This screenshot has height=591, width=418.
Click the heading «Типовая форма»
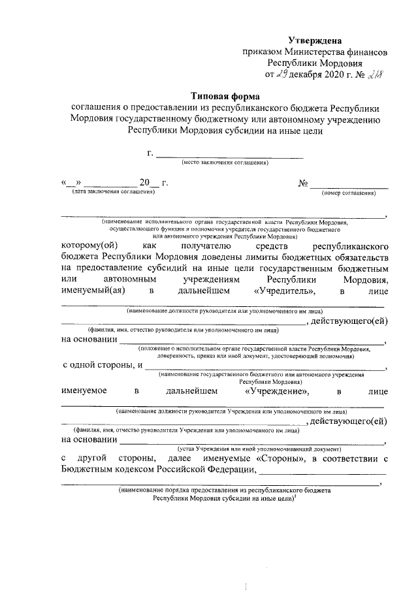pyautogui.click(x=225, y=95)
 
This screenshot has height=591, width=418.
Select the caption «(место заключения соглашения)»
pyautogui.click(x=225, y=161)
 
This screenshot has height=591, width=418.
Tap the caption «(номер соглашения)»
pyautogui.click(x=349, y=193)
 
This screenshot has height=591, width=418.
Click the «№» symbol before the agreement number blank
pyautogui.click(x=302, y=183)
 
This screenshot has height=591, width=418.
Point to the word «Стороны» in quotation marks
pyautogui.click(x=284, y=458)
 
